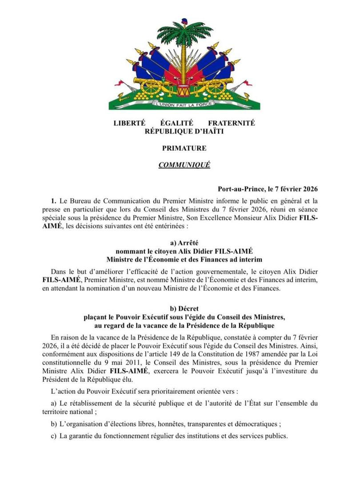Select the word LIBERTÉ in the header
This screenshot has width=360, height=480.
pos(130,123)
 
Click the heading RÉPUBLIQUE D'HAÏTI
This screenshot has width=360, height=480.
pos(184,131)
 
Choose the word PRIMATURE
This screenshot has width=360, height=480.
pos(184,148)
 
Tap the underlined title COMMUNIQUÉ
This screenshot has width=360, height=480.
pos(184,165)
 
